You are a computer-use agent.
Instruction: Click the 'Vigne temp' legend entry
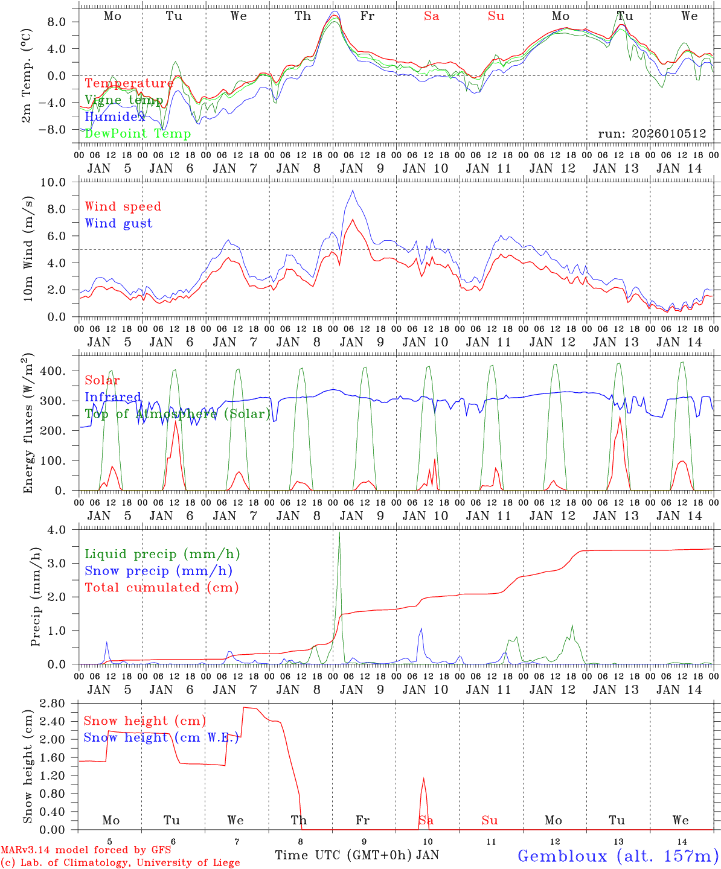tap(124, 100)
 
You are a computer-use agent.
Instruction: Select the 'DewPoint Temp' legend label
tap(138, 134)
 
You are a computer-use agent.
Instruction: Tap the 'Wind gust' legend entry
tap(118, 223)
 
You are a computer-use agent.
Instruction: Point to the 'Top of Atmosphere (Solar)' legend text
tap(178, 413)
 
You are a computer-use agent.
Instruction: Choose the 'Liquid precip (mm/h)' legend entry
tap(162, 554)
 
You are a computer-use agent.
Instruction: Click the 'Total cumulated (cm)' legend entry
tap(162, 587)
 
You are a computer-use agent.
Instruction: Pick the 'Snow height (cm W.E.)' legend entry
tap(161, 737)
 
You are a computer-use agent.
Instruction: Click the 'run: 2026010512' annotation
tap(652, 133)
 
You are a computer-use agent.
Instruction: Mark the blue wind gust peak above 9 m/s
tap(353, 191)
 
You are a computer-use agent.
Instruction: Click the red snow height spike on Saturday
tap(424, 779)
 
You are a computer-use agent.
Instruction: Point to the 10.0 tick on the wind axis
tap(62, 182)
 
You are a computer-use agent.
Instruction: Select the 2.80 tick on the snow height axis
tap(59, 704)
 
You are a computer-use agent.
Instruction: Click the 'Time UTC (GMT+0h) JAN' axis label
tap(357, 855)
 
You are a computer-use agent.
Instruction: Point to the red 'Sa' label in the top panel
tap(431, 16)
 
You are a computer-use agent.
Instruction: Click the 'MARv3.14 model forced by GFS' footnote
tap(86, 850)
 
